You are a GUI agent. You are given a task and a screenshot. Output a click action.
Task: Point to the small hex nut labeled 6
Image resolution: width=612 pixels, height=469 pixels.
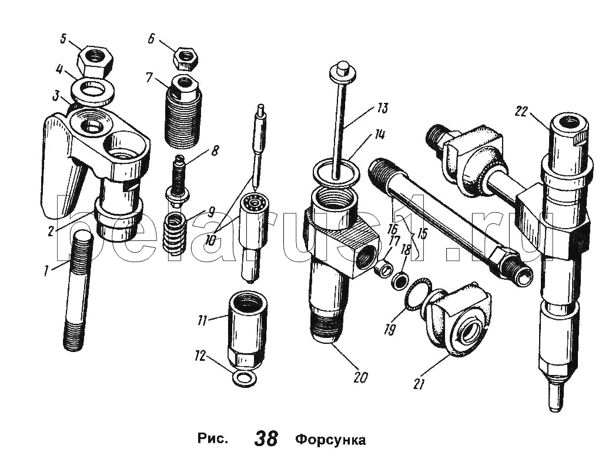coord(186,58)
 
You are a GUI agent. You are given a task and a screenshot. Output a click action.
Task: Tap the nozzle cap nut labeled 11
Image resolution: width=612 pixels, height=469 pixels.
coord(246,337)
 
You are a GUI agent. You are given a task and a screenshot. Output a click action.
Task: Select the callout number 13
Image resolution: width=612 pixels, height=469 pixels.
coord(383,108)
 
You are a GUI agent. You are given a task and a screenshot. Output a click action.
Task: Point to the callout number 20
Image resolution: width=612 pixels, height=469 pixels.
coord(360,377)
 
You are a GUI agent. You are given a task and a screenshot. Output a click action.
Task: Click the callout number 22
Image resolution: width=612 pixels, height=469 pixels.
coord(521,112)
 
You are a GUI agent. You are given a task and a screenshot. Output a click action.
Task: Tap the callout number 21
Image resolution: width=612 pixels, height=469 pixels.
coord(419,384)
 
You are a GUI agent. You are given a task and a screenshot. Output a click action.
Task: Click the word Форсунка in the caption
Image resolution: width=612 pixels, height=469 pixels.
coord(330,440)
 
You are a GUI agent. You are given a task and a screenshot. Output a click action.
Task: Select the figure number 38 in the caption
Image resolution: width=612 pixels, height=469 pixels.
coord(266,438)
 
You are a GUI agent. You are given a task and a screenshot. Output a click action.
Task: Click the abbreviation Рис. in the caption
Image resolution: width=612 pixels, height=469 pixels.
coord(212,440)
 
